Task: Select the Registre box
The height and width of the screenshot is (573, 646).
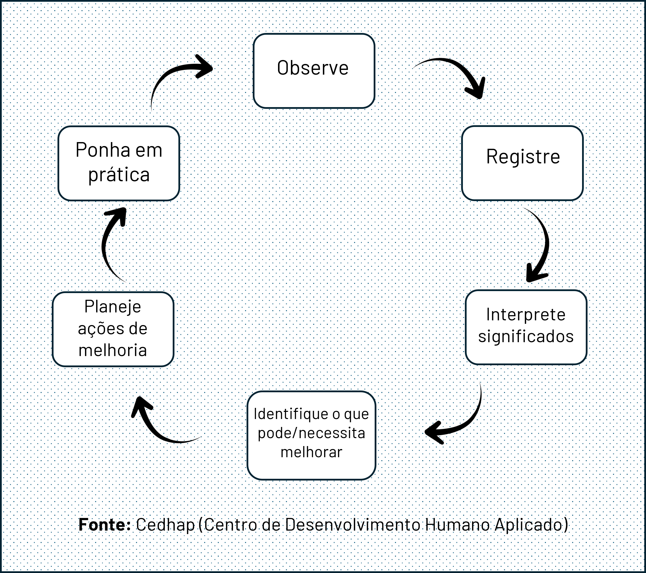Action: click(x=522, y=163)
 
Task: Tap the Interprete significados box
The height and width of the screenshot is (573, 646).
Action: click(x=526, y=327)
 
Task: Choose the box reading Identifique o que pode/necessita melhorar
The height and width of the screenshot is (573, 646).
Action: click(x=311, y=435)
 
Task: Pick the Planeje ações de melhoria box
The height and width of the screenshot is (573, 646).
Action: click(x=113, y=329)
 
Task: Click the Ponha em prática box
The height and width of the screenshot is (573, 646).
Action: click(x=119, y=163)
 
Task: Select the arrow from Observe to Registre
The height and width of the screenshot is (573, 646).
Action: click(x=455, y=71)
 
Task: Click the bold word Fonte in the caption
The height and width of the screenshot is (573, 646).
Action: click(x=104, y=525)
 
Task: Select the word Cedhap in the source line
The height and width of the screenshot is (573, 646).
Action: click(x=165, y=525)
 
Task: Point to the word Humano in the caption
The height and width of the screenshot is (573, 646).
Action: click(x=458, y=525)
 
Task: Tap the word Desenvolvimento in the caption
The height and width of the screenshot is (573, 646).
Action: click(x=353, y=525)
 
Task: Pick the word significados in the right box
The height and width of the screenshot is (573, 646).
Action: click(x=526, y=336)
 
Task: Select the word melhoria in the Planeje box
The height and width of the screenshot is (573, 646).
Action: click(x=113, y=350)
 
